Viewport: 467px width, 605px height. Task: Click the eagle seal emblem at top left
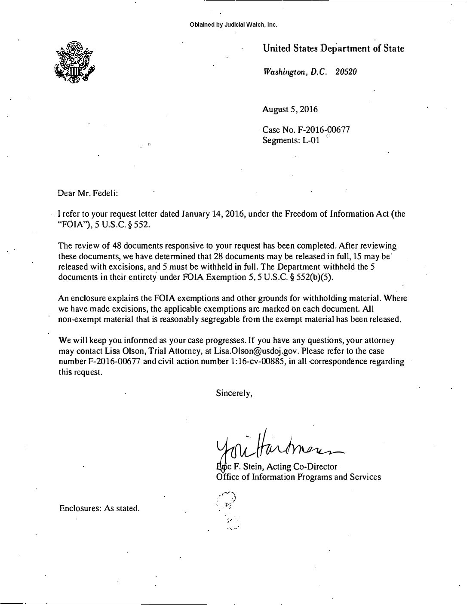[x=75, y=62]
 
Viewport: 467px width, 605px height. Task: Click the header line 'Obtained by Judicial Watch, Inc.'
[x=233, y=25]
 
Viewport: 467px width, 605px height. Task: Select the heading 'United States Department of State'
[x=333, y=49]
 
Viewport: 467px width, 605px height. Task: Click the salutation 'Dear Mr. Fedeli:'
[x=87, y=193]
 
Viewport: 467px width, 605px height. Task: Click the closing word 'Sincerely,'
[x=234, y=393]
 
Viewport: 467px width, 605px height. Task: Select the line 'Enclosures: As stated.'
[x=99, y=508]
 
